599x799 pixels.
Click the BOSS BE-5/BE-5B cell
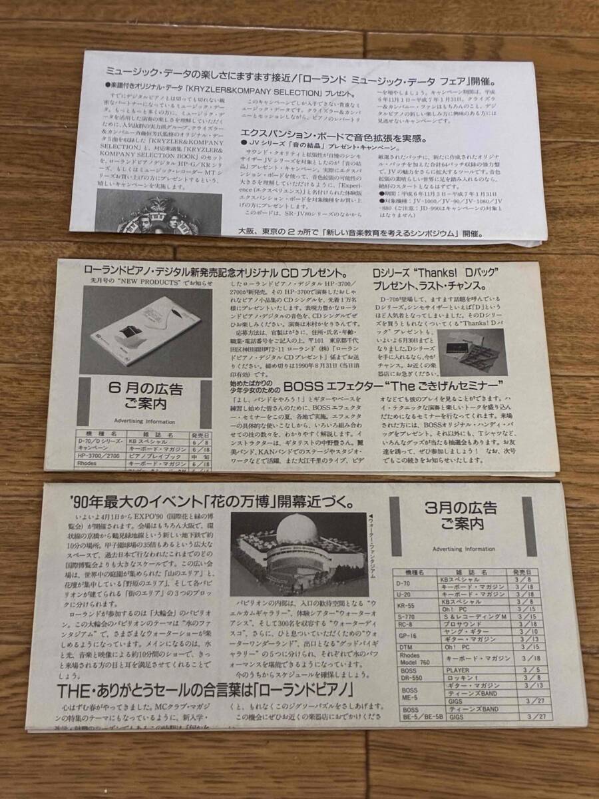(408, 713)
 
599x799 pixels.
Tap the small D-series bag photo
(472, 352)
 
